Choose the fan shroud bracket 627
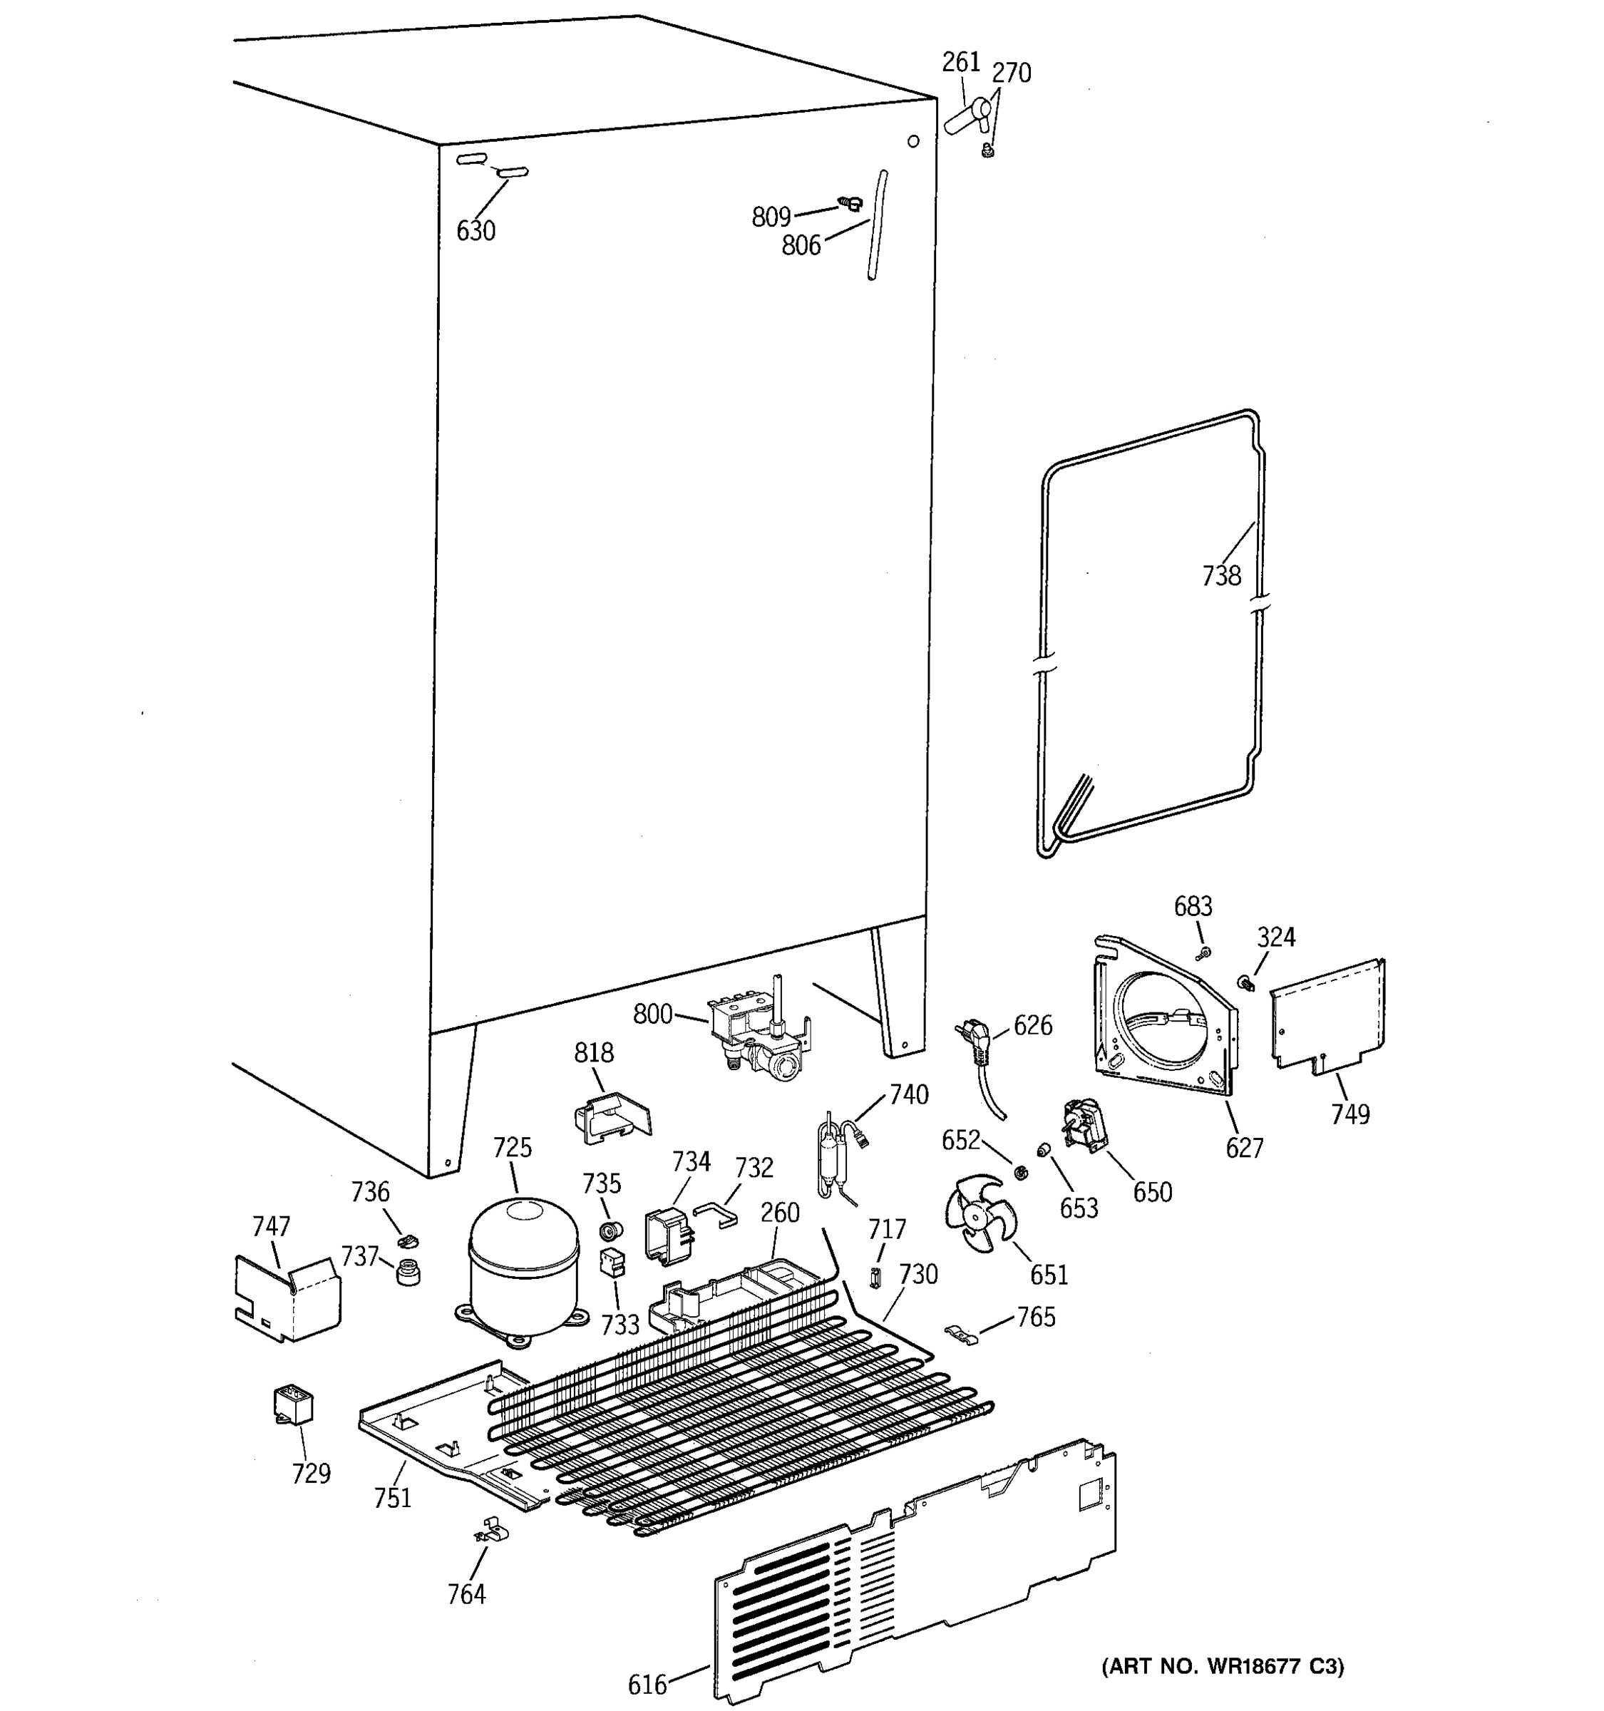pos(1166,1020)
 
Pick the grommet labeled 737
pos(408,1272)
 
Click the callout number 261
pos(960,62)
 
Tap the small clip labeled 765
pos(962,1335)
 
